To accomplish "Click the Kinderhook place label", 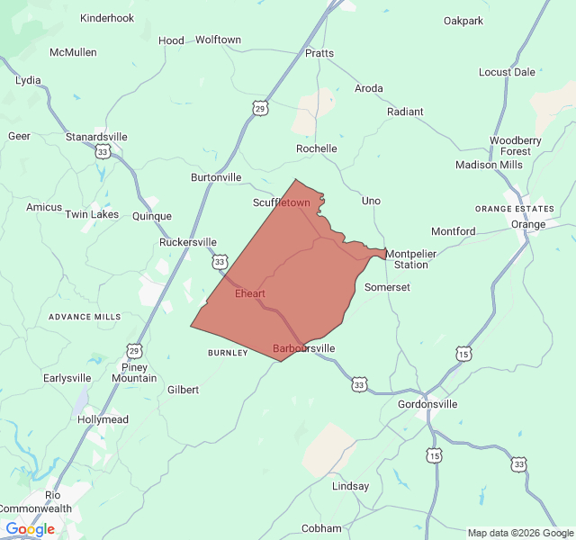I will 107,18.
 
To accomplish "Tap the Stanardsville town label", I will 96,137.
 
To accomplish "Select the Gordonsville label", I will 427,404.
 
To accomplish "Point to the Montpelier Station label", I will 411,259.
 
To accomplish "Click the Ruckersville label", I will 188,242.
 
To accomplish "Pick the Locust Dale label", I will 507,72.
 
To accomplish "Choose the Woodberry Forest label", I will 516,146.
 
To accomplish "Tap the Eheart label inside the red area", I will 249,293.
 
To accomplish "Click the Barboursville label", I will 303,348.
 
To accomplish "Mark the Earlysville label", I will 73,378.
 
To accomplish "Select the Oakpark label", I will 463,21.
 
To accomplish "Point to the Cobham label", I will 321,528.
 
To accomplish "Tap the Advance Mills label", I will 85,317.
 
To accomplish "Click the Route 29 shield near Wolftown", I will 260,108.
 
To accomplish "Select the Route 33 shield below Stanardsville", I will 103,153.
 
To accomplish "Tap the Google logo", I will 30,529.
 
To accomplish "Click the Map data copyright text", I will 520,533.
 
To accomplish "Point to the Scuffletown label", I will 281,202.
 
